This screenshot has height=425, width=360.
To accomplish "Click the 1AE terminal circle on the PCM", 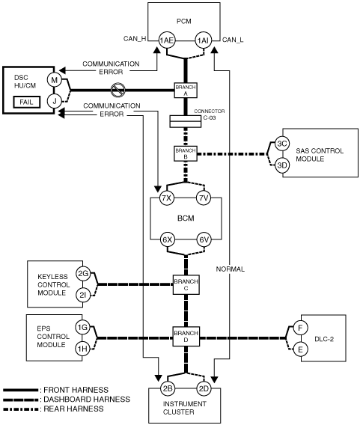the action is (166, 40).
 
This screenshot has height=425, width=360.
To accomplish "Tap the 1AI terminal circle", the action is (204, 40).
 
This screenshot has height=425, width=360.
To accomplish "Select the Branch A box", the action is (186, 91).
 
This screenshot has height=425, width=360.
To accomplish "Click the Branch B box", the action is (186, 153).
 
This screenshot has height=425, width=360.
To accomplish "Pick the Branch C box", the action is (186, 284).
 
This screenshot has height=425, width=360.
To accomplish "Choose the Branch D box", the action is (186, 336).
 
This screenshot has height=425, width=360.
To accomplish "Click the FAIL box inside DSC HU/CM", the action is (27, 103).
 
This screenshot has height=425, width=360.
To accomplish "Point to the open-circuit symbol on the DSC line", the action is (118, 90).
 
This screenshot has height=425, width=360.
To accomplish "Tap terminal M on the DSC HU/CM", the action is (55, 80).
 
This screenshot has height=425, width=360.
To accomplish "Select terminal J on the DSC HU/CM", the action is (55, 101).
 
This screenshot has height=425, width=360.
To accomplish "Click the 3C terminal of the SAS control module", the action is (282, 144).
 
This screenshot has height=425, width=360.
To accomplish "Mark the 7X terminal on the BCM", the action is (167, 198).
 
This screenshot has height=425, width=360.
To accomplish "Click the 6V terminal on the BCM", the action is (204, 240).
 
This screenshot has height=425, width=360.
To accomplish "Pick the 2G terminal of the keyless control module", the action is (82, 274).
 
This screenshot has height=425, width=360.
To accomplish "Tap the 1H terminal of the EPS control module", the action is (82, 349).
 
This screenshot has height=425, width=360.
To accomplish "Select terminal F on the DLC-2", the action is (301, 328).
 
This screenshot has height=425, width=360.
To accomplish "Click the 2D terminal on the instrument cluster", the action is (204, 388).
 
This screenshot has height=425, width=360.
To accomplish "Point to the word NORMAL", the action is (231, 269).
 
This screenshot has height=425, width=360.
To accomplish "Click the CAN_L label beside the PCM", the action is (233, 40).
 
